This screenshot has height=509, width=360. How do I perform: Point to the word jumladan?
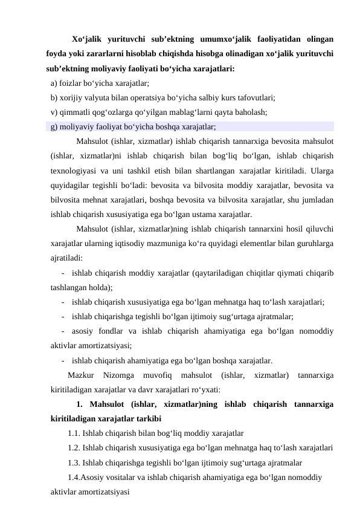320,199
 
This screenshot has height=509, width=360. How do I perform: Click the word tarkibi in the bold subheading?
146,418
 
